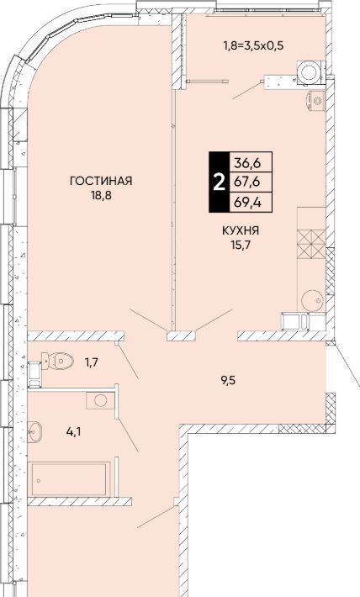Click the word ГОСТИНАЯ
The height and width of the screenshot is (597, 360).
click(x=101, y=181)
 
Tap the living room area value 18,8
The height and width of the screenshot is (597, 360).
click(x=101, y=197)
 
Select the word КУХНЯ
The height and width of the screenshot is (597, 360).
click(x=241, y=230)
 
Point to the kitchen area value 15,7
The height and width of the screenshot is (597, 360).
click(x=241, y=244)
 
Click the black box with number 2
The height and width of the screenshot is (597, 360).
click(x=219, y=182)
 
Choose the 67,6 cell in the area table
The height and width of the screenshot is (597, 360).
click(x=251, y=182)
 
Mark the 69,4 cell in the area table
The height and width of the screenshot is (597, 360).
click(x=251, y=202)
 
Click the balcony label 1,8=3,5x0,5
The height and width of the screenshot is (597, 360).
click(x=254, y=46)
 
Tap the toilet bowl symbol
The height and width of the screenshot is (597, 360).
click(x=57, y=360)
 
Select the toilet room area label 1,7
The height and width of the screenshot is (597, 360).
click(x=92, y=362)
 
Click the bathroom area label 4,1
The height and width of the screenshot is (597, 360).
click(x=73, y=432)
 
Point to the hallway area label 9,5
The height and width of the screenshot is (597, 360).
click(x=229, y=380)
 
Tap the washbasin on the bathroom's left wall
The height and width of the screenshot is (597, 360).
click(x=34, y=432)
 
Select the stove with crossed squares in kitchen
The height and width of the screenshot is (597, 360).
click(x=311, y=244)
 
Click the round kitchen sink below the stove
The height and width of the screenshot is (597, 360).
click(x=312, y=301)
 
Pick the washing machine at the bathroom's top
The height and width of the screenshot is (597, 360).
click(x=100, y=400)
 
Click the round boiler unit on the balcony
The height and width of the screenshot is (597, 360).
click(x=310, y=71)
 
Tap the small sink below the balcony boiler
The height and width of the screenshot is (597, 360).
click(x=315, y=101)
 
